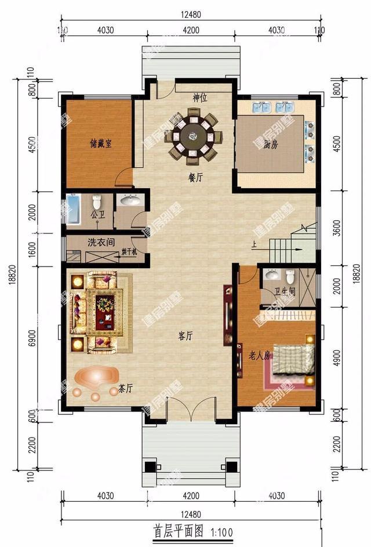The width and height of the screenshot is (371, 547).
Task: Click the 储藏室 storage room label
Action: (101, 143)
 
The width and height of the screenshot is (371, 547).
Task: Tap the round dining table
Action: (193, 137)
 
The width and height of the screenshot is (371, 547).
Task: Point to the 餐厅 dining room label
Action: (195, 178)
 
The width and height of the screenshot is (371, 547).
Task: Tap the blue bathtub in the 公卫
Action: (73, 210)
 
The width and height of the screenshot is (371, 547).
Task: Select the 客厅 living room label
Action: (185, 336)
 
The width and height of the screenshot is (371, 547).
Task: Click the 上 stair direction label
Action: (253, 244)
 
